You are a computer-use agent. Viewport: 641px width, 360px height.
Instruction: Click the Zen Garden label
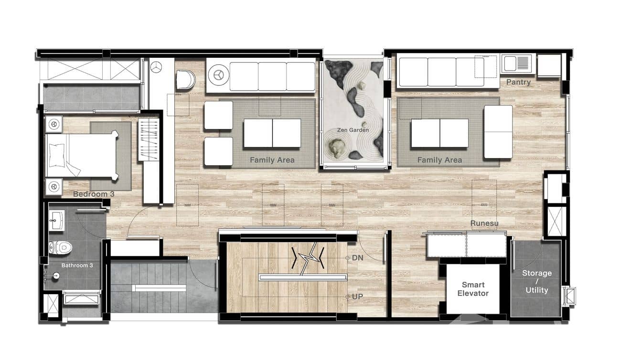[x=353, y=130]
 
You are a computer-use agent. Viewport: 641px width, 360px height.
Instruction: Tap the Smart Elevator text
[x=473, y=289]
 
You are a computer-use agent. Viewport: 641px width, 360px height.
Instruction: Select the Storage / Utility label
[x=536, y=281]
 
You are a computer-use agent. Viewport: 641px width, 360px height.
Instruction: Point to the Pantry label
[x=518, y=82]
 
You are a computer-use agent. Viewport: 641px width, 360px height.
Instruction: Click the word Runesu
[x=484, y=223]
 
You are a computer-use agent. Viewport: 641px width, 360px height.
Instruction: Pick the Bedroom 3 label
[x=94, y=194]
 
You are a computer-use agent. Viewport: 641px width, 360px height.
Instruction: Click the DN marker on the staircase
[x=357, y=257]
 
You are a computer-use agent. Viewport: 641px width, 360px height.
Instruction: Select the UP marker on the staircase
[x=357, y=296]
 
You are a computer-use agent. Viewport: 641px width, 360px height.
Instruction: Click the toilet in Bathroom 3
[x=61, y=247]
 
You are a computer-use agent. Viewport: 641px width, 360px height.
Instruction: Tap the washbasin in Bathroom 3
[x=57, y=221]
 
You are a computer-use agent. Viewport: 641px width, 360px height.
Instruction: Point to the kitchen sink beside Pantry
[x=516, y=64]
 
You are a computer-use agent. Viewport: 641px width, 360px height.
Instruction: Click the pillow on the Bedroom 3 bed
[x=57, y=155]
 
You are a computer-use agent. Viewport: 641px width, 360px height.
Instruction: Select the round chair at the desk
[x=185, y=80]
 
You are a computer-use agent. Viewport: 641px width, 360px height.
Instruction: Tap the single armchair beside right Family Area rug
[x=498, y=132]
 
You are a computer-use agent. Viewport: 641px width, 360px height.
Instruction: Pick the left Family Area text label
[x=272, y=160]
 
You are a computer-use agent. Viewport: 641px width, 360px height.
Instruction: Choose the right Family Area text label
[x=439, y=160]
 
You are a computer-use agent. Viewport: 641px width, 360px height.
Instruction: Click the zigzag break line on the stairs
[x=308, y=259]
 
